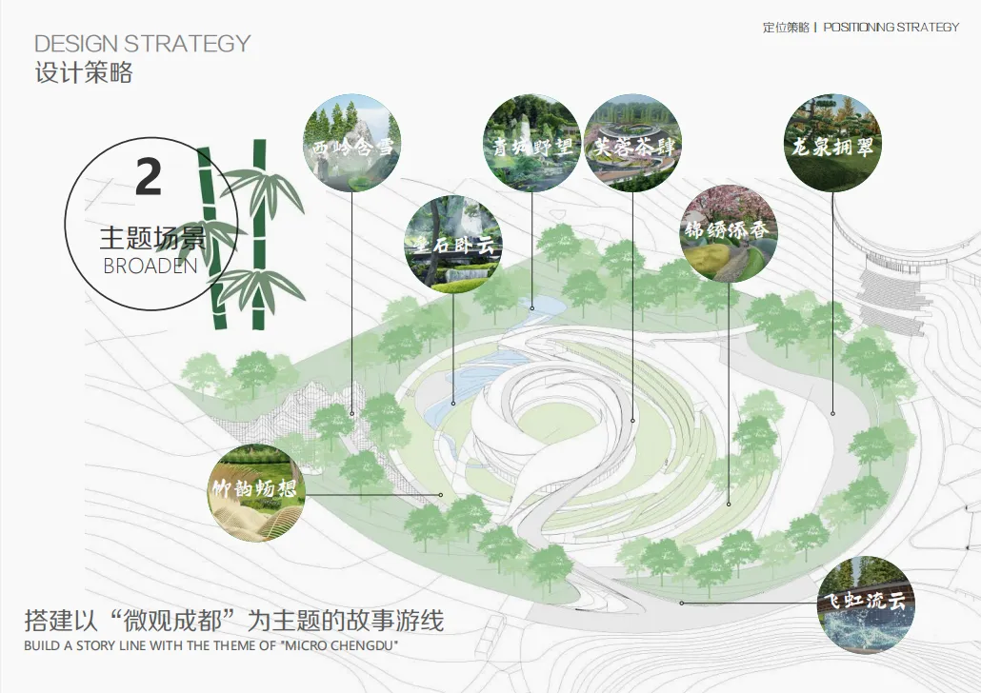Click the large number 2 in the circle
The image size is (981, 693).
[x=148, y=178]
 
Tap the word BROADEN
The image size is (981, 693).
[x=150, y=266]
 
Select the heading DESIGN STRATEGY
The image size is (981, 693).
[x=143, y=44]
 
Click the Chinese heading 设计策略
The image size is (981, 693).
[x=84, y=72]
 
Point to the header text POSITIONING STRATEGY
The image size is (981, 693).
[x=891, y=27]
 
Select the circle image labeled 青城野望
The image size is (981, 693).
[x=531, y=144]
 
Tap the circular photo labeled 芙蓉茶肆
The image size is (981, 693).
[x=632, y=143]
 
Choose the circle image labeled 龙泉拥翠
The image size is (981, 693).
[x=832, y=143]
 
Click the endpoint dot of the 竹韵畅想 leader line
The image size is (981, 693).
[x=441, y=495]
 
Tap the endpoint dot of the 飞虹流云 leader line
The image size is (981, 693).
[x=681, y=603]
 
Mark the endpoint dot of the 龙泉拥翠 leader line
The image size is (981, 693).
[x=832, y=413]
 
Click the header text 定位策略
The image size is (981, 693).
[x=785, y=27]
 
